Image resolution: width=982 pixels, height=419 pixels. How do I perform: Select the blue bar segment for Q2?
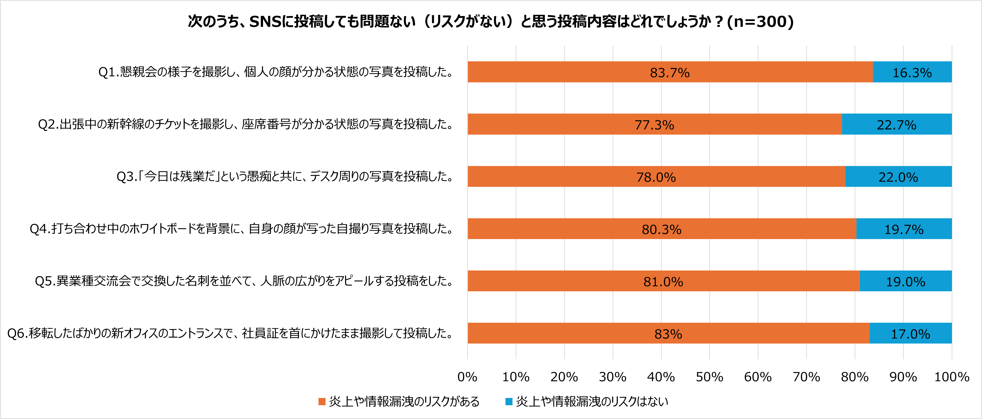[897, 124]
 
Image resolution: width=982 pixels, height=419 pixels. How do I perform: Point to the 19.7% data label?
[904, 229]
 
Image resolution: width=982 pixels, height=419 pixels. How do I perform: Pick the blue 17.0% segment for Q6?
[910, 334]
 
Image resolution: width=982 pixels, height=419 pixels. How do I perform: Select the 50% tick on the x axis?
[709, 377]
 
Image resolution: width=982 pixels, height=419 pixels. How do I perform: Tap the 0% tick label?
[467, 377]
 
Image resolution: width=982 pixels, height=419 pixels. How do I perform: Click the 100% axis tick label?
[951, 377]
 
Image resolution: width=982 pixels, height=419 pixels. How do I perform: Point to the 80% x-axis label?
[855, 377]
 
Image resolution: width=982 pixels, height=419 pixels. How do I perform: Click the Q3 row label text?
[284, 176]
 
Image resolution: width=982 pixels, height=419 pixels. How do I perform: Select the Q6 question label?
[230, 333]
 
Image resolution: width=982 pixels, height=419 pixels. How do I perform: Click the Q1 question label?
[275, 72]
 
